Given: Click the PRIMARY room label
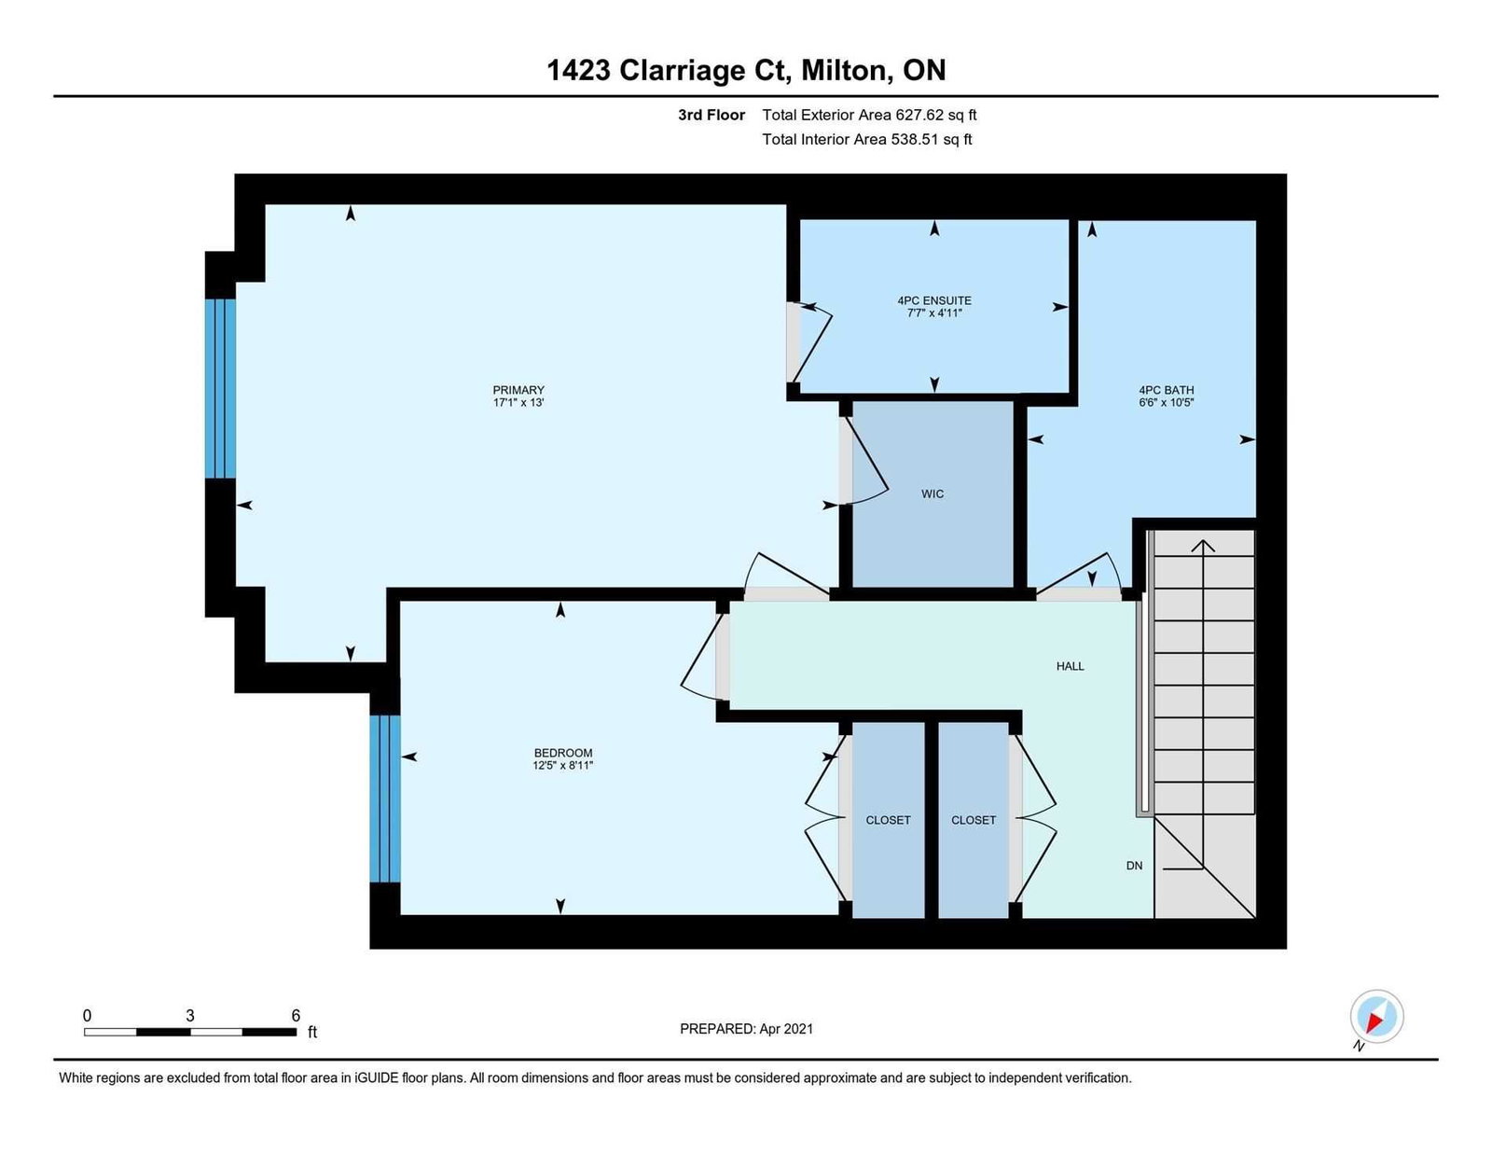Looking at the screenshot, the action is pos(518,390).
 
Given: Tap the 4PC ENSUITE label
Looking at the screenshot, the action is pos(934,300).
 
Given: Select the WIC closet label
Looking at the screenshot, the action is pos(932,494).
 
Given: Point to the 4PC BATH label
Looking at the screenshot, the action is pos(1167,390).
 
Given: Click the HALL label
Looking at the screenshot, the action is pos(1071,666).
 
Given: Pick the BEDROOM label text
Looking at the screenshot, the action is pos(563,754).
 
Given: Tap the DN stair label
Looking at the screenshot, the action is pos(1134,866).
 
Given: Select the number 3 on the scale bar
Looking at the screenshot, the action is pos(190,1016).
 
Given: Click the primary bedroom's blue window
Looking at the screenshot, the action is pos(220,389).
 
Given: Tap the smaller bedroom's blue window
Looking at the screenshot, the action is pos(385,799).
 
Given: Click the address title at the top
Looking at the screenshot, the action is pos(746,70).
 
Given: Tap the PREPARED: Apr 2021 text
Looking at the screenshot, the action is pos(746,1029).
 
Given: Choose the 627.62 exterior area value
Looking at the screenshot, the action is pos(919,115).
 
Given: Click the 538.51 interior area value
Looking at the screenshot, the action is pos(915,139).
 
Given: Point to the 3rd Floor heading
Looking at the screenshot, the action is pos(711,115).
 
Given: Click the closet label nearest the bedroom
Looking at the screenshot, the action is pos(888,821).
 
